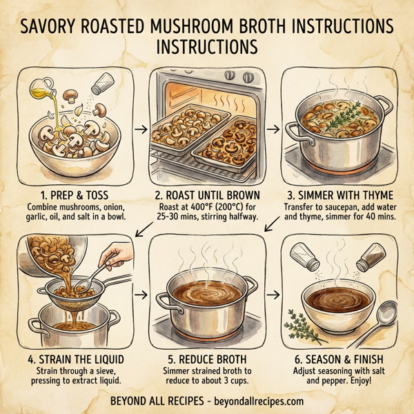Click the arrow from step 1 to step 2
coord(139,129)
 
